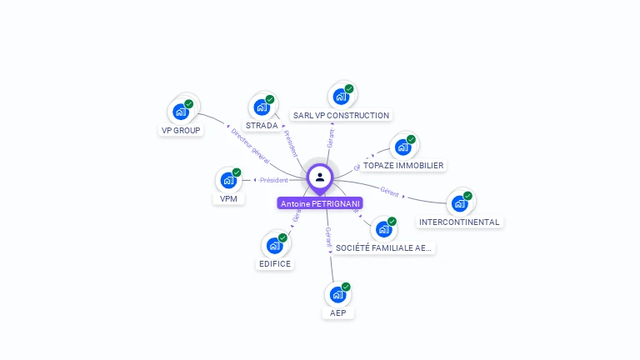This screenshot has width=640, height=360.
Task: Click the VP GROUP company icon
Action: [181, 111]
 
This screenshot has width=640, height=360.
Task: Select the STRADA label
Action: [262, 126]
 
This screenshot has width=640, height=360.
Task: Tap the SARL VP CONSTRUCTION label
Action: [341, 116]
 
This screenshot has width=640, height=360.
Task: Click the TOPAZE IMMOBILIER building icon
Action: [403, 147]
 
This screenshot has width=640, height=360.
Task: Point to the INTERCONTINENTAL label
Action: [459, 222]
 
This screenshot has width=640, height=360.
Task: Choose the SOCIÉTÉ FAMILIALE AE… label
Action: [383, 247]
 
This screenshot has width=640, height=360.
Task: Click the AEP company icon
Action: [337, 294]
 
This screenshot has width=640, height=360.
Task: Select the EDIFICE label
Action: [275, 264]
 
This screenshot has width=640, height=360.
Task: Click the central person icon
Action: [320, 177]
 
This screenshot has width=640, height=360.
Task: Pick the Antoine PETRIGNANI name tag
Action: [320, 203]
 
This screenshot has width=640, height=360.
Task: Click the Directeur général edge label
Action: [250, 144]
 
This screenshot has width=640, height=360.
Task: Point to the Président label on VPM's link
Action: [273, 180]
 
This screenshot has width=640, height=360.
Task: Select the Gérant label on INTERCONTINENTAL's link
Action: [389, 191]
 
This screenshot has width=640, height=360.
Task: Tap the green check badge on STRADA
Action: [270, 99]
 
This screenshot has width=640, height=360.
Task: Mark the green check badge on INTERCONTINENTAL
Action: [467, 196]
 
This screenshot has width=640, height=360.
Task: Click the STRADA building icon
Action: [262, 107]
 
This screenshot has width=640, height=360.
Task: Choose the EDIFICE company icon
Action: [275, 245]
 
